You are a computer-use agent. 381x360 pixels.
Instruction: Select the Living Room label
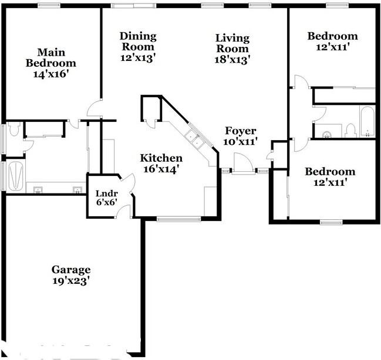[232, 48]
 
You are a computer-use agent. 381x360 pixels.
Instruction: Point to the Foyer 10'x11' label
[240, 136]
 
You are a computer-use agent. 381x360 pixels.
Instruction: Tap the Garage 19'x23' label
[70, 275]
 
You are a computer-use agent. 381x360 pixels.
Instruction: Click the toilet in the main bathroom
[14, 129]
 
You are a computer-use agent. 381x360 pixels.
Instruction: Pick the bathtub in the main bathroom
[14, 176]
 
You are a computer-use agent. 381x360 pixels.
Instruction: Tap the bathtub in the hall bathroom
[366, 123]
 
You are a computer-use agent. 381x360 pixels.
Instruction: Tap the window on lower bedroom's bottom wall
[331, 222]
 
